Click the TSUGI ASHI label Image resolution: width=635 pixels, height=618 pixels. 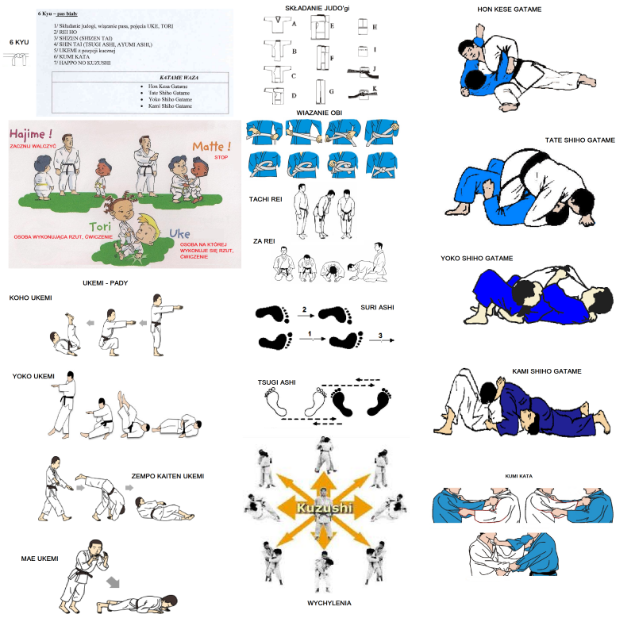coord(276,382)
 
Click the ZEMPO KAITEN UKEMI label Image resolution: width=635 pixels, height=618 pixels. coord(167,476)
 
